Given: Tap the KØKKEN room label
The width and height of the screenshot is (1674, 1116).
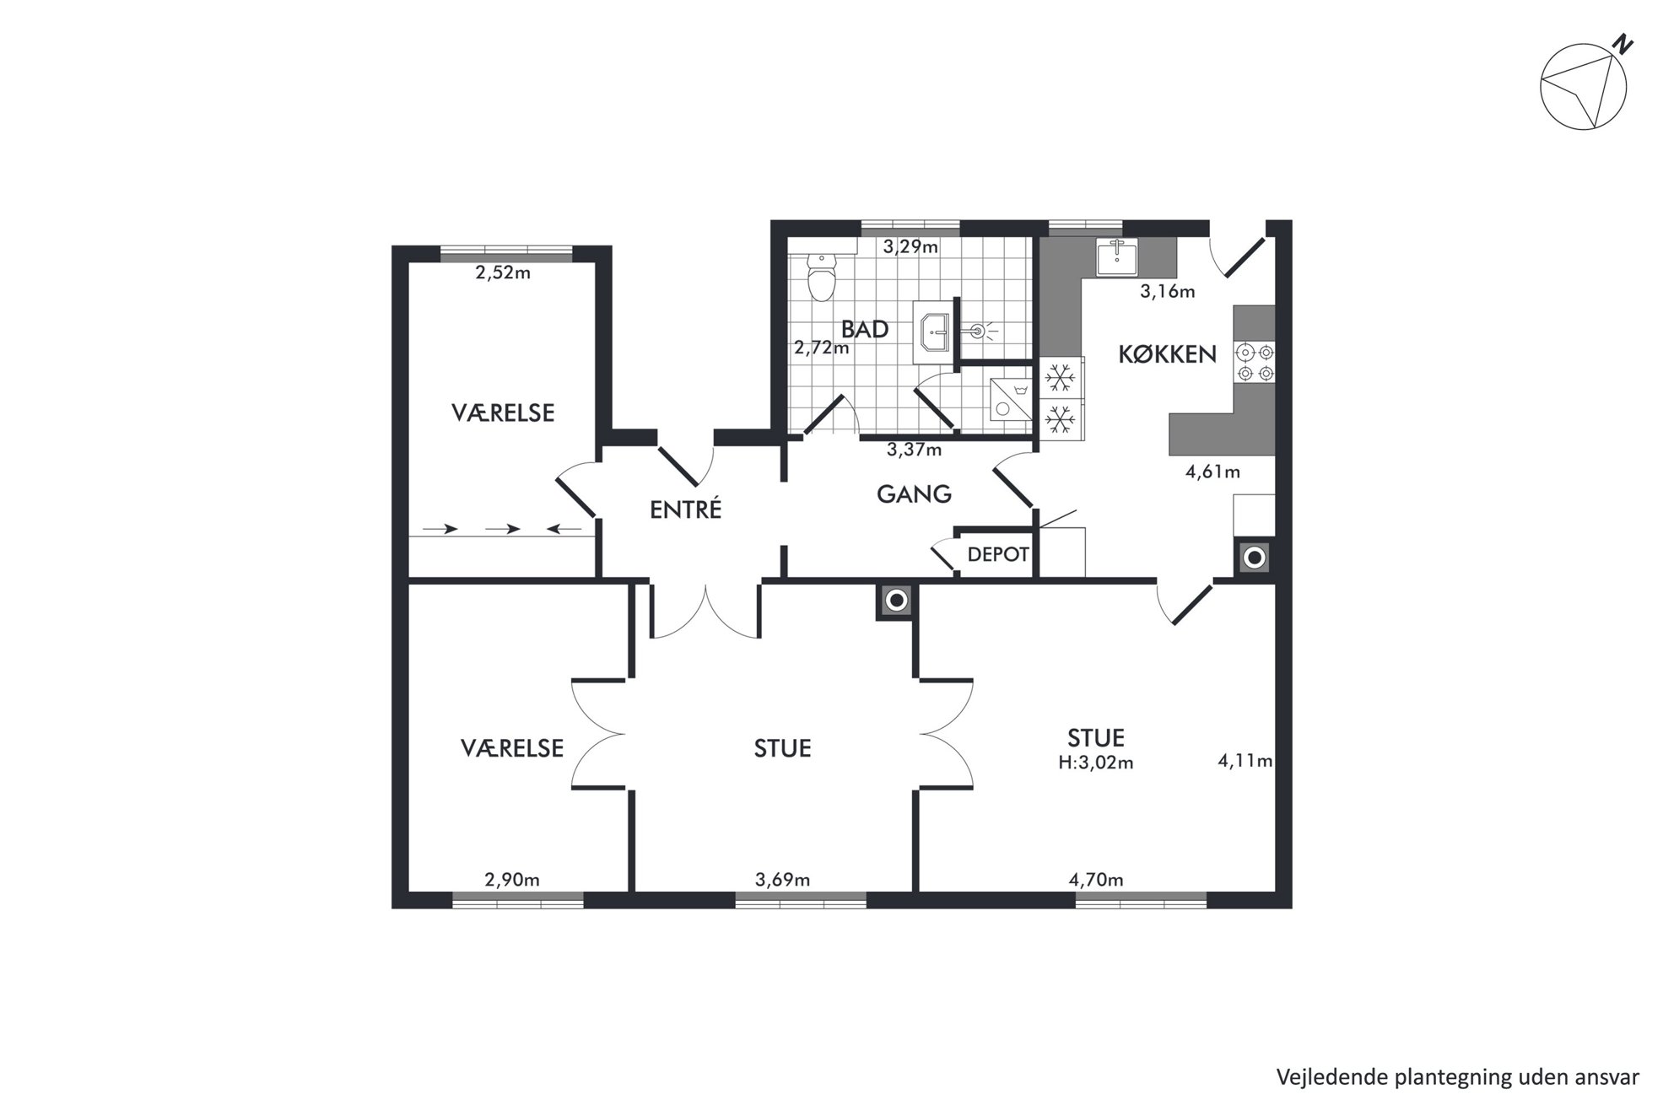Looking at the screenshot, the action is pos(1167,354).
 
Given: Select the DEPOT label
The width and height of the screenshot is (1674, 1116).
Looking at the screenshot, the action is pos(998,554).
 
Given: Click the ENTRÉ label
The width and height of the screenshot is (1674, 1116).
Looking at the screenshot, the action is pos(686,509).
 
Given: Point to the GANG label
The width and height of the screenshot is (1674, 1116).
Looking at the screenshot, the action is pos(914,493).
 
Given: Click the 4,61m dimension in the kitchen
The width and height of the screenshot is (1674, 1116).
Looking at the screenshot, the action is pos(1212,472).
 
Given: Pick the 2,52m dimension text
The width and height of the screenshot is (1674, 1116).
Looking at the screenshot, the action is pos(503,272).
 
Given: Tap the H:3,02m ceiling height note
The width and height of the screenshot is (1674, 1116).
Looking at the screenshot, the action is pos(1096,763).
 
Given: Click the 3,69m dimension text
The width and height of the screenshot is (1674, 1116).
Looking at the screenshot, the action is pos(782,880).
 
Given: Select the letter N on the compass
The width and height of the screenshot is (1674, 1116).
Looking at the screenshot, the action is pos(1621,45).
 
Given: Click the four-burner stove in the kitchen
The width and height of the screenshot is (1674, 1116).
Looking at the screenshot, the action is pos(1255,362).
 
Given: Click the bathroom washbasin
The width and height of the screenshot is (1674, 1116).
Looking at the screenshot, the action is pos(935,335).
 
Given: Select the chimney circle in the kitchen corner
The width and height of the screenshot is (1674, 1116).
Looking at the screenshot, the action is pos(1255,557).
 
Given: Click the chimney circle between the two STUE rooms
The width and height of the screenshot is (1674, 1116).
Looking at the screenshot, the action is pos(896,601).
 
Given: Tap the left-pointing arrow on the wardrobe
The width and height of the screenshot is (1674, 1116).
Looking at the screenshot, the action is pos(564,529).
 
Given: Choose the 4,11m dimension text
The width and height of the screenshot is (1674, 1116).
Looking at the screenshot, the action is pos(1245,761).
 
